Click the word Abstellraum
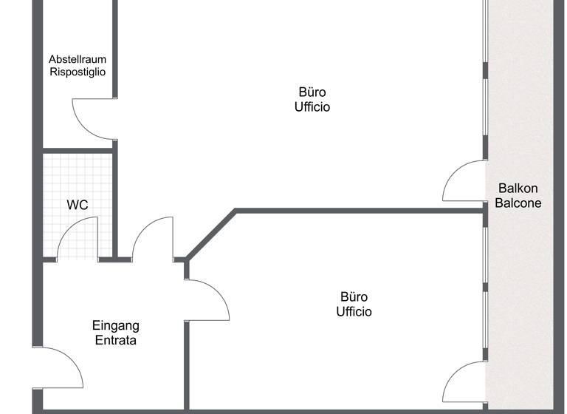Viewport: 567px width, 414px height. pos(78,59)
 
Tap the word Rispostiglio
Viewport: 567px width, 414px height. pos(78,72)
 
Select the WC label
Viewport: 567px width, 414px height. pos(78,205)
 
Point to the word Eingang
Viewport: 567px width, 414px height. pos(116,326)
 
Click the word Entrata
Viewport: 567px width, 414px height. pos(116,340)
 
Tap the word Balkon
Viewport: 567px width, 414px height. pos(518,188)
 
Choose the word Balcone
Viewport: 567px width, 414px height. pos(518,203)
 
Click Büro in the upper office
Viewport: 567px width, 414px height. pos(312,92)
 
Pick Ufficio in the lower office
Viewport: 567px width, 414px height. pos(354,311)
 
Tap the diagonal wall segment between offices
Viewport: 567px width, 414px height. pos(211,234)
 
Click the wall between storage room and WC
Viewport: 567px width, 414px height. pos(78,151)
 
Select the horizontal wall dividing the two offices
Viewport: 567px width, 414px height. pos(360,211)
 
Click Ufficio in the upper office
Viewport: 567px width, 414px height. pos(312,107)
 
